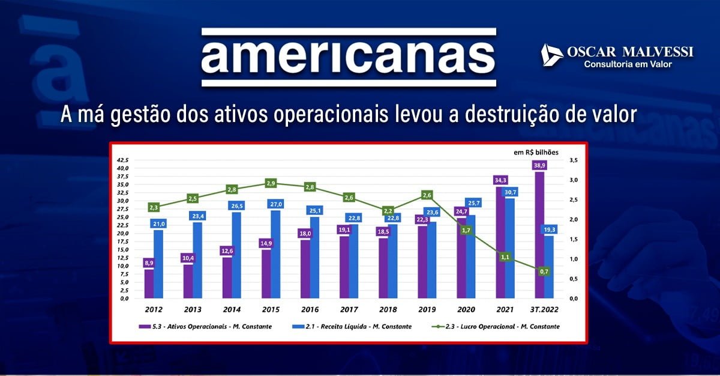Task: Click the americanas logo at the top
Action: pos(349,57)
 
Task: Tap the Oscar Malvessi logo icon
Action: pos(551,55)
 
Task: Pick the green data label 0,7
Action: pos(545,271)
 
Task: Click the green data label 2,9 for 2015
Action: pos(271,183)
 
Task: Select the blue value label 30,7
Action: pos(510,192)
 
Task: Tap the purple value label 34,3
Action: pos(499,180)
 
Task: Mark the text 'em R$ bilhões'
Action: pos(536,152)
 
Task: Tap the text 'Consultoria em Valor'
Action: pos(628,64)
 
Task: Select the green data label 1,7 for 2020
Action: pos(466,230)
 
